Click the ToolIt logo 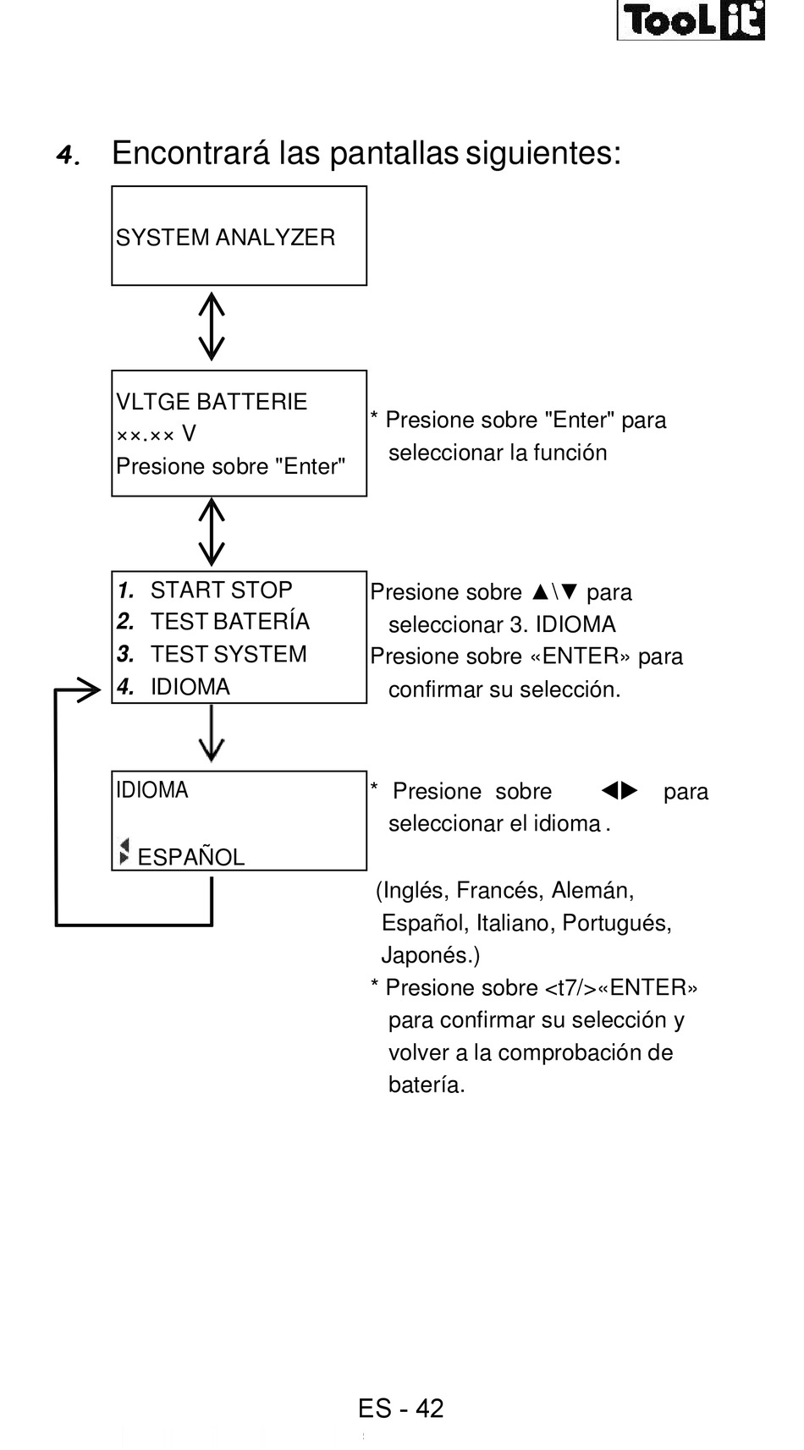[x=691, y=21]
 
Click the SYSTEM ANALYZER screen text [x=225, y=238]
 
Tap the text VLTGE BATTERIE [x=212, y=402]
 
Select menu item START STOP [x=221, y=590]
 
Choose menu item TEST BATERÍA [x=229, y=622]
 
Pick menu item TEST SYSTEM [x=229, y=654]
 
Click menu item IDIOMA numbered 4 [x=190, y=687]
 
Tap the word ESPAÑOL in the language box [x=190, y=857]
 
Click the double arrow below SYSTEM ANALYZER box [x=212, y=327]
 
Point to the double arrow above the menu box [x=212, y=532]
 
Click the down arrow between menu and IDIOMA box [x=212, y=734]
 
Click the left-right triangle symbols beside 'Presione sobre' [x=620, y=791]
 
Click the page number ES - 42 [x=400, y=1409]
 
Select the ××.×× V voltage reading [x=156, y=434]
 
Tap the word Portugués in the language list [x=616, y=923]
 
